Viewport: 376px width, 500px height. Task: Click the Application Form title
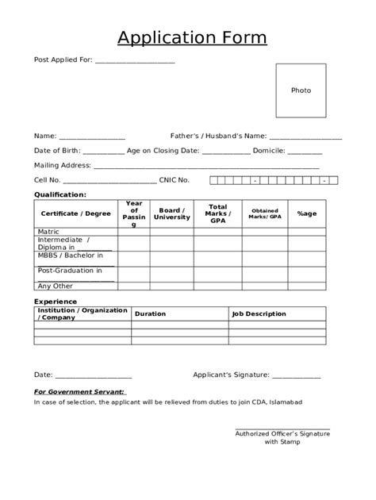click(x=192, y=38)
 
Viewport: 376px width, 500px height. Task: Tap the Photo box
click(x=301, y=90)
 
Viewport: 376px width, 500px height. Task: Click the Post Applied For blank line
click(x=134, y=61)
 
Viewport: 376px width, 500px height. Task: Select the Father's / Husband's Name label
click(x=218, y=136)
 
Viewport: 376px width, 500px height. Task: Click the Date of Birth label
click(x=56, y=151)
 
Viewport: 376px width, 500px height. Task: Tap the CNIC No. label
click(x=174, y=180)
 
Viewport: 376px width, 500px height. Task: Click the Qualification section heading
click(x=60, y=194)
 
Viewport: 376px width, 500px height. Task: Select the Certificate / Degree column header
click(x=76, y=213)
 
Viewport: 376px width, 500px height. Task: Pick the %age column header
click(x=306, y=213)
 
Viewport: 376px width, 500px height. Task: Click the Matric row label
click(x=48, y=232)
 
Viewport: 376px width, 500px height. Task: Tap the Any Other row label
click(x=55, y=286)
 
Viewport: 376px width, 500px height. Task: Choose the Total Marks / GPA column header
click(x=217, y=213)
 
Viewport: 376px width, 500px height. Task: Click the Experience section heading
click(x=56, y=302)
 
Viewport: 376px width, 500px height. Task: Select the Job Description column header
click(x=259, y=314)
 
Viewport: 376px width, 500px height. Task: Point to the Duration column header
click(x=151, y=314)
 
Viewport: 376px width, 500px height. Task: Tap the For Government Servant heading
click(x=79, y=391)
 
